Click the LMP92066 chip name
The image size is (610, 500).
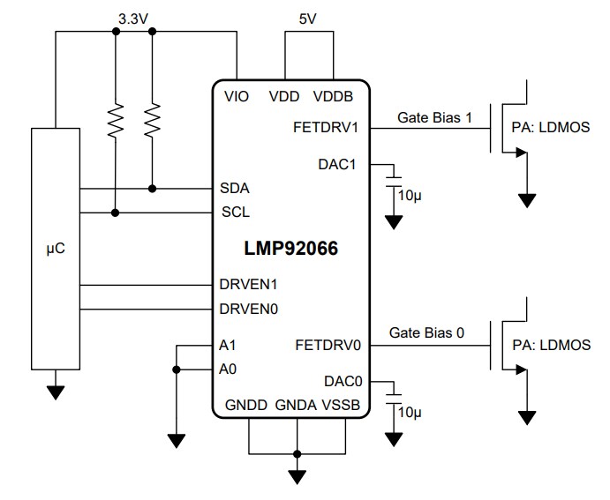pos(291,250)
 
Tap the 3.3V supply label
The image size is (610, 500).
pos(133,18)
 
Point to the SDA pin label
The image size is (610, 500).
pos(235,188)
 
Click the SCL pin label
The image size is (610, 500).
pos(235,213)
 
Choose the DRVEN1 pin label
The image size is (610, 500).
pos(247,285)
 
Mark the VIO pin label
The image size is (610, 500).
pos(237,97)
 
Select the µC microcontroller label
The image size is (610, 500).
pos(55,250)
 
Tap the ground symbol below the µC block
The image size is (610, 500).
pos(55,392)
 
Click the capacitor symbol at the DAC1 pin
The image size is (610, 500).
pos(394,178)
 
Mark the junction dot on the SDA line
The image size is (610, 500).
pos(153,188)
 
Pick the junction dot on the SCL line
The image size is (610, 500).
pos(116,213)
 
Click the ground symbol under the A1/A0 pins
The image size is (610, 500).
pos(177,438)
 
